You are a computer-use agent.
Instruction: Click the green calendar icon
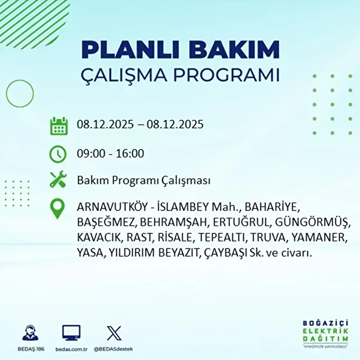click(59, 125)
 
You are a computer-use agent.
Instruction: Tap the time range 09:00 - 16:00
click(110, 154)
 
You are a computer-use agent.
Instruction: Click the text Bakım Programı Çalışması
click(143, 181)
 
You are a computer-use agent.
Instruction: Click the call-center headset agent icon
click(28, 333)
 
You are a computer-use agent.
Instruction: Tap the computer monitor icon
click(71, 333)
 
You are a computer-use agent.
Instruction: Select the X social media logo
click(113, 333)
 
